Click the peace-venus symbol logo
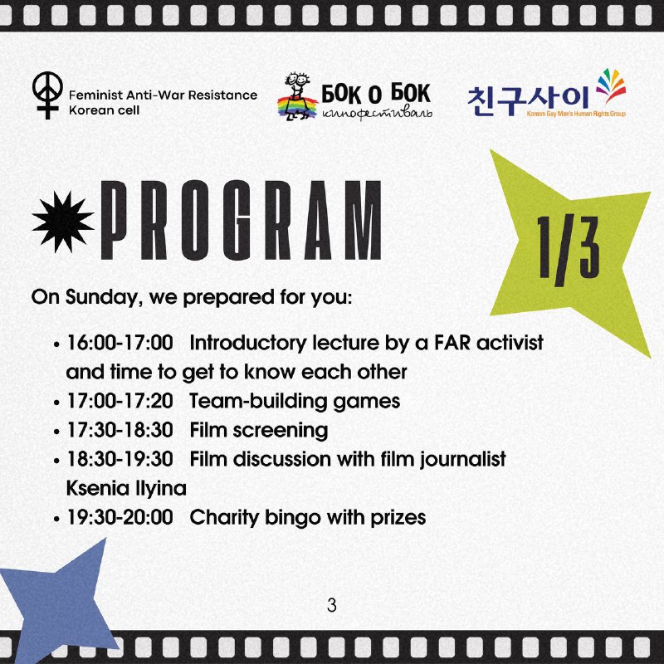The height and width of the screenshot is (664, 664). pos(47,95)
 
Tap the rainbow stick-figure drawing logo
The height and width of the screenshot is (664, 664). pos(297,96)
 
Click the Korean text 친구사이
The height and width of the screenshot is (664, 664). pos(528,100)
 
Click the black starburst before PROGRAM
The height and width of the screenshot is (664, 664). pos(63,222)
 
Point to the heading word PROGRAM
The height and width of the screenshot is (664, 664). pos(241,220)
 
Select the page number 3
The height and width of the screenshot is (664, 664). pos(331,605)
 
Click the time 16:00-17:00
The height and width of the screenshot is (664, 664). pos(120,343)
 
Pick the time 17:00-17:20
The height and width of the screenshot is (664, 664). pos(120,401)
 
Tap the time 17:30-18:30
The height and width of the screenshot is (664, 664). pos(120,430)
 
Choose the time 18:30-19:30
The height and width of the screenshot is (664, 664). pos(120,459)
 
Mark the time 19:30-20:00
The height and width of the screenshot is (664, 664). pos(120,517)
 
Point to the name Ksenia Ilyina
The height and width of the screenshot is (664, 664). pos(126,489)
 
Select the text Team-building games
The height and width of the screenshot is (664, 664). pos(295,402)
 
